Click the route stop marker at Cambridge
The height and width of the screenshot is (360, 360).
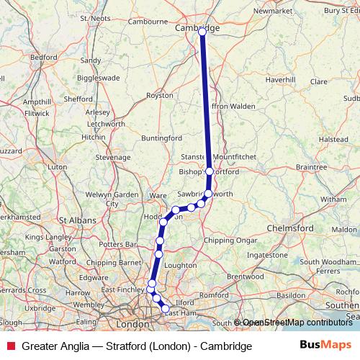pos(202,32)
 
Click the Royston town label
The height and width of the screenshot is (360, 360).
pos(159,95)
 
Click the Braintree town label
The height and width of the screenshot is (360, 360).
pos(311,166)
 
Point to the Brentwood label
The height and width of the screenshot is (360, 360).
pos(246,276)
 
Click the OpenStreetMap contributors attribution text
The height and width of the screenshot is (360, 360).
pos(297,323)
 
